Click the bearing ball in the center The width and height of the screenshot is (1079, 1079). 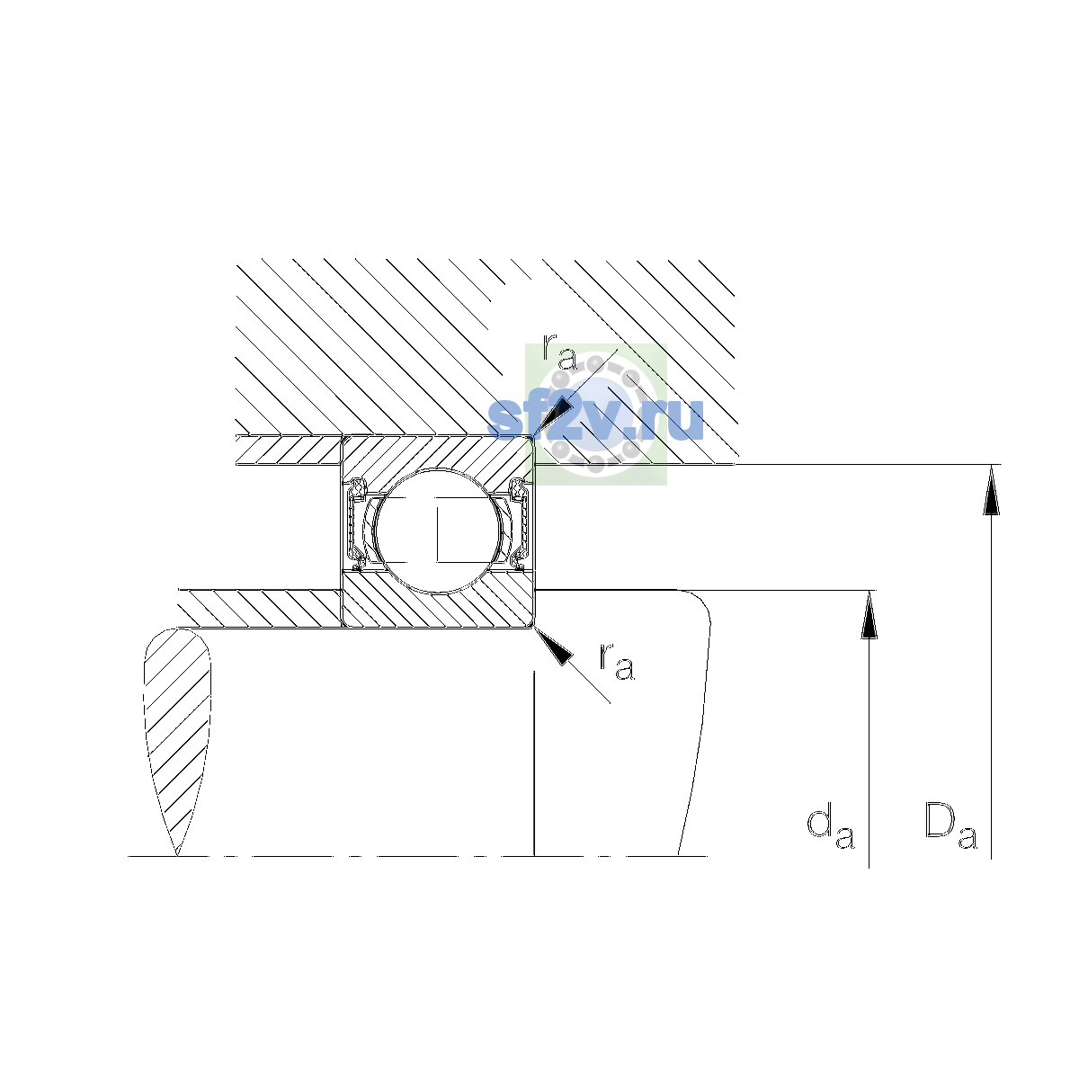tap(439, 531)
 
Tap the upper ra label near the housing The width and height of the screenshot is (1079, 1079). tap(559, 352)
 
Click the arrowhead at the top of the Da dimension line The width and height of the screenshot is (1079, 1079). tap(991, 490)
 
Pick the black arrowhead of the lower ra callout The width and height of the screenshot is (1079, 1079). tap(554, 647)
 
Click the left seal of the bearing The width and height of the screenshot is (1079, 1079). tap(356, 524)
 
